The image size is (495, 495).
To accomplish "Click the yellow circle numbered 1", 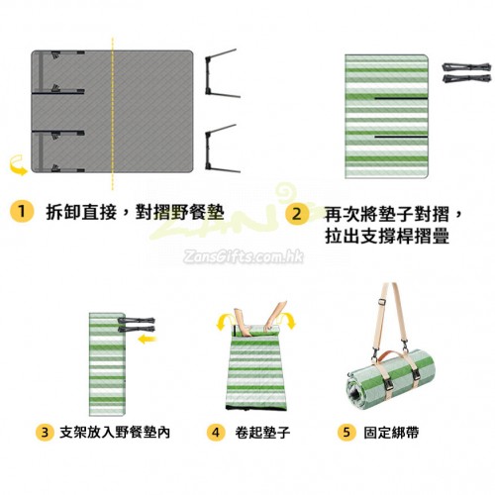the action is click(22, 211).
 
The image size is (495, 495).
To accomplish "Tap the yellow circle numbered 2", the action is click(297, 214).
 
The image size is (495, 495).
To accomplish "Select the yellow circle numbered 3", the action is click(45, 432).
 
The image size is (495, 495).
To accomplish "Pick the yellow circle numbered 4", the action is click(216, 432).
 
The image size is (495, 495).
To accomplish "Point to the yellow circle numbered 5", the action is click(346, 432).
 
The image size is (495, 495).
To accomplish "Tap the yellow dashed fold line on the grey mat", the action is click(113, 114).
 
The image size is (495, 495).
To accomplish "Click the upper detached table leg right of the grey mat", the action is click(222, 74).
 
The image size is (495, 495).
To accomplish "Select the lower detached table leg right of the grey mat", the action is click(222, 149).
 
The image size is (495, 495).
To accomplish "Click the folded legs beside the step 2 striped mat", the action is click(466, 72).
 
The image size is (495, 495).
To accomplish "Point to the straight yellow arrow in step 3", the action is click(148, 339).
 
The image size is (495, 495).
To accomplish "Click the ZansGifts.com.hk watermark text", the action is click(244, 256).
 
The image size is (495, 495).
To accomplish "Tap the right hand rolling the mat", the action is click(275, 316).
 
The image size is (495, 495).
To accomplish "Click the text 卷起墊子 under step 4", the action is click(262, 433).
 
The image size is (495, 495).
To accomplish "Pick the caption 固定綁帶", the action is click(391, 433).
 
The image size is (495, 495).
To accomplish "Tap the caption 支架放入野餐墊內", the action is click(115, 433).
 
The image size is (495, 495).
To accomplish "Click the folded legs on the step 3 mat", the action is click(136, 325).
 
